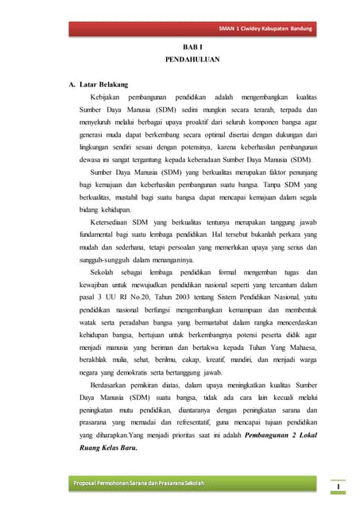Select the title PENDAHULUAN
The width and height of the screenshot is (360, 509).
186,60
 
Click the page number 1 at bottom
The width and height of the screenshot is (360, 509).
338,486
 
